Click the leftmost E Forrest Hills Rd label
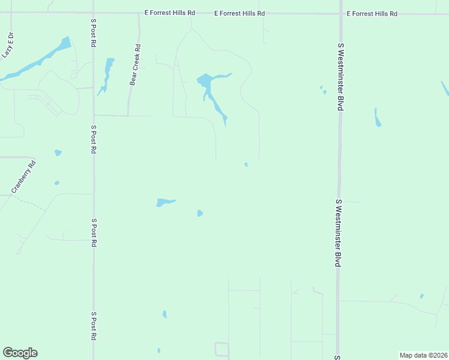point(170,13)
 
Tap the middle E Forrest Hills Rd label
point(240,13)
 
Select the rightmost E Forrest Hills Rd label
point(372,13)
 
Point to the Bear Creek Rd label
point(136,65)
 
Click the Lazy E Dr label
point(8,46)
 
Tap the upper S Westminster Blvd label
point(340,76)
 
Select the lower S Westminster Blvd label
point(339,233)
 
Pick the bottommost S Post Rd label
point(94,326)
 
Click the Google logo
point(20,353)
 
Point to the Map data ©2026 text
point(423,355)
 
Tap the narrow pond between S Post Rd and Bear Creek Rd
point(107,75)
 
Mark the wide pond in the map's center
point(164,202)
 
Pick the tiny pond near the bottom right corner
point(421,296)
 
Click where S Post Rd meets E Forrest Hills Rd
point(93,13)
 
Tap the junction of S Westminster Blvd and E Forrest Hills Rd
point(340,13)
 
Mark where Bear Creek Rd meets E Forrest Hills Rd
point(139,13)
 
